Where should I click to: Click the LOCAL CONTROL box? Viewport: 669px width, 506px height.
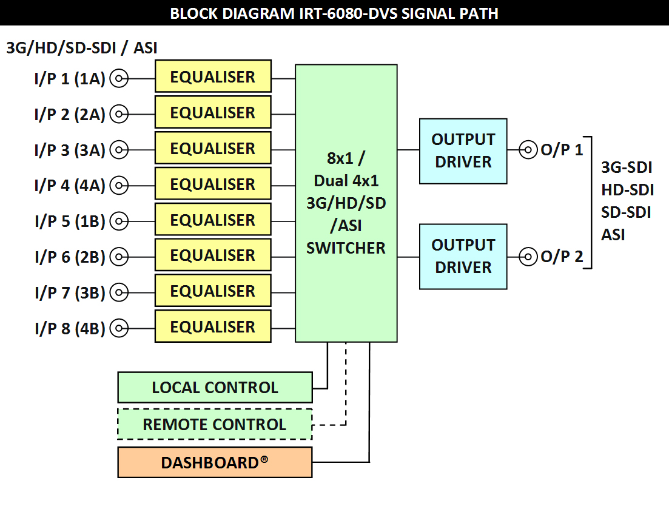[215, 388]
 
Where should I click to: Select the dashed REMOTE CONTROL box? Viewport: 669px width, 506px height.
[215, 424]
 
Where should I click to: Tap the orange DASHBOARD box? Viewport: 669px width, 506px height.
[215, 462]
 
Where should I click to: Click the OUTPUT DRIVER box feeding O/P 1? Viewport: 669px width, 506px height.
[463, 151]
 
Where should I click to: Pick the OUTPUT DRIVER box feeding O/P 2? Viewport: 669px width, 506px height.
[463, 257]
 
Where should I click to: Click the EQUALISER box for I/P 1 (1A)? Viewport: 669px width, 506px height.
[213, 76]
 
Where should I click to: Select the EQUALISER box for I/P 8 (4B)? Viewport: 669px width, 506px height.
[213, 326]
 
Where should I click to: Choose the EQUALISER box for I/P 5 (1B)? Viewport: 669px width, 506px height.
[213, 219]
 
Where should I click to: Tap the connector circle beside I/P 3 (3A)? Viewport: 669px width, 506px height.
[119, 150]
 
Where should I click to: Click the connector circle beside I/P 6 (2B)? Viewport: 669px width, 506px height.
[119, 257]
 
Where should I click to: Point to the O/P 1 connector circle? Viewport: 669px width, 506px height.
[528, 150]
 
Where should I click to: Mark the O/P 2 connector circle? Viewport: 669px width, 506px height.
[528, 257]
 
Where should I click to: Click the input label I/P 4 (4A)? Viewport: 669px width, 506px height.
[70, 186]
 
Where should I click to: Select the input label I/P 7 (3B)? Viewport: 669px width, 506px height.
[70, 292]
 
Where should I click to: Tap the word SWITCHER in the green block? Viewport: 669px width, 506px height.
[346, 248]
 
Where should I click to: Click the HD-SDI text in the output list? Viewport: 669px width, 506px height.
[628, 190]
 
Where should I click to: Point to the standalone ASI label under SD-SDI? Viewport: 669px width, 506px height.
[613, 235]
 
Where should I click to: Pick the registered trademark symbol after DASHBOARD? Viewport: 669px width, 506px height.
[264, 459]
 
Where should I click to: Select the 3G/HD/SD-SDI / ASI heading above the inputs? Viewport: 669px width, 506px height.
[82, 48]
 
